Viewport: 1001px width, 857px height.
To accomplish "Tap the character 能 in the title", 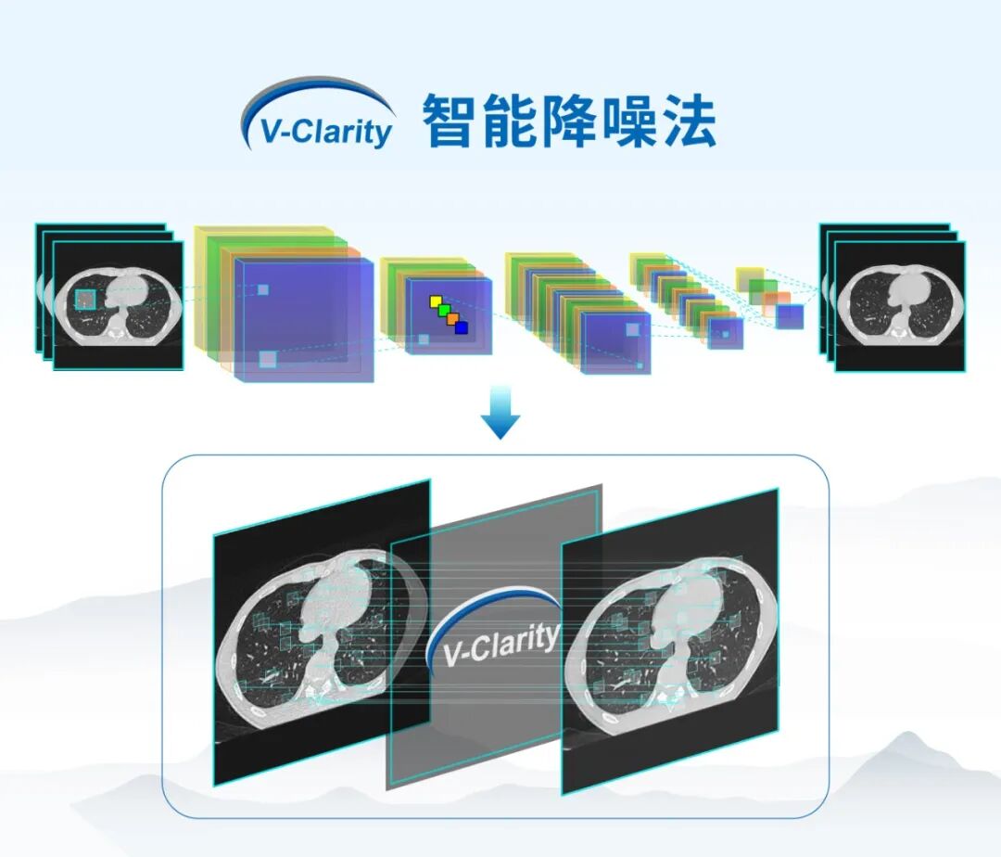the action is (508, 121).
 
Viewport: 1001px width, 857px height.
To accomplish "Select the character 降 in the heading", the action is (567, 121).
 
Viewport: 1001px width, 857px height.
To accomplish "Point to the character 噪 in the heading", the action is (627, 121).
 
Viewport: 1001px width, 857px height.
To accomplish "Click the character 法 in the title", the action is (687, 121).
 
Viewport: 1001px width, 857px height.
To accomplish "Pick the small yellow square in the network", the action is (436, 301).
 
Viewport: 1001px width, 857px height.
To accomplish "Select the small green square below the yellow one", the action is (444, 311).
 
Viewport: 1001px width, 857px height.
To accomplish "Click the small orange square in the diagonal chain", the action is (452, 319).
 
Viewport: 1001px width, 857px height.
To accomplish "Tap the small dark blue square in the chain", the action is (461, 327).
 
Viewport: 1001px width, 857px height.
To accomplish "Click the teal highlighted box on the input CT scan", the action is (85, 300).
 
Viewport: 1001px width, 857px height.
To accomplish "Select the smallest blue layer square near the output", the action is (790, 317).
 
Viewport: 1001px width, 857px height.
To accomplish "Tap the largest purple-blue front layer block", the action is (304, 320).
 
